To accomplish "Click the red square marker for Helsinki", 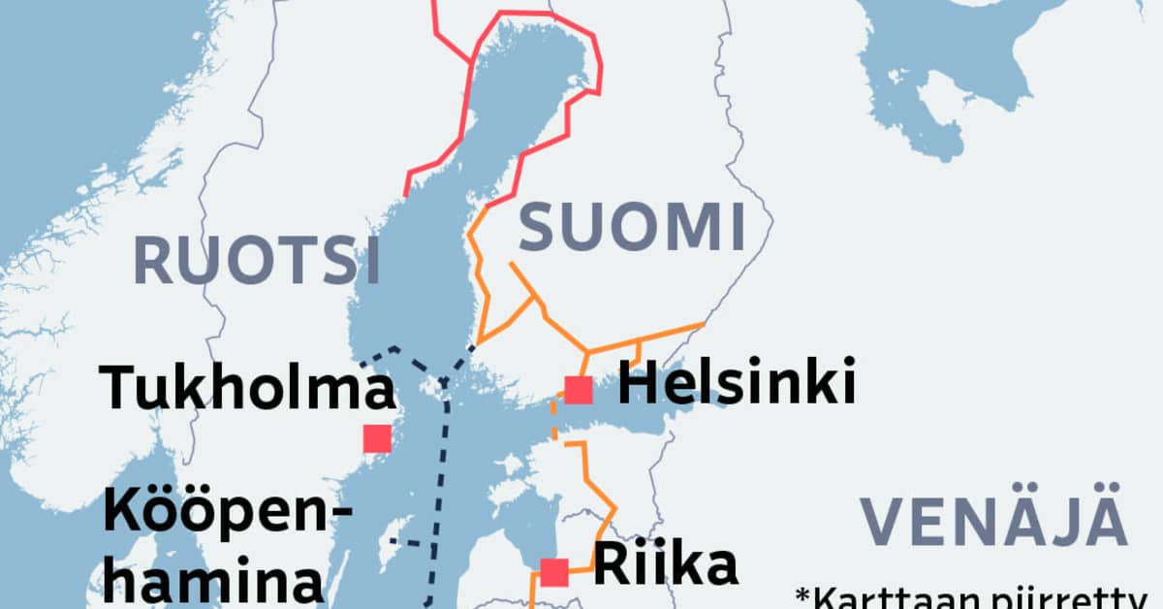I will [x=579, y=390].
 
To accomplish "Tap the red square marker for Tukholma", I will [x=377, y=438].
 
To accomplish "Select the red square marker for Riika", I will [x=554, y=572].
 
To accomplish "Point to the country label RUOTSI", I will [x=256, y=260].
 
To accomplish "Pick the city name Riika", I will [x=665, y=565].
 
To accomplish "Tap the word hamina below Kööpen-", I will [x=212, y=582].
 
